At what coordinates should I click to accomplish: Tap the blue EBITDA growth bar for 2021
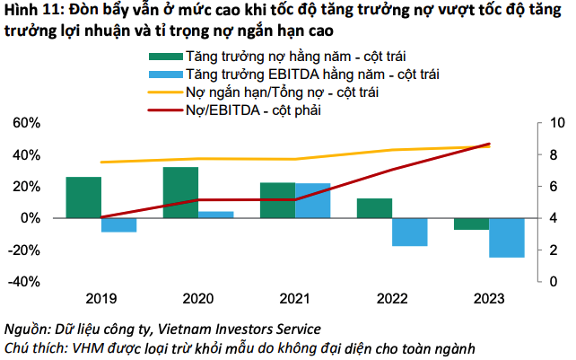click(313, 200)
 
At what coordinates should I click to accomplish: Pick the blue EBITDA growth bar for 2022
click(409, 232)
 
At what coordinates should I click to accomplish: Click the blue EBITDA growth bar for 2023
click(506, 238)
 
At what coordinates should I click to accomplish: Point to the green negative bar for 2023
click(471, 224)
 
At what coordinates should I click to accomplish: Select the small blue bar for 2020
click(215, 215)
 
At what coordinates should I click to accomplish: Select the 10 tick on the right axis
click(555, 123)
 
